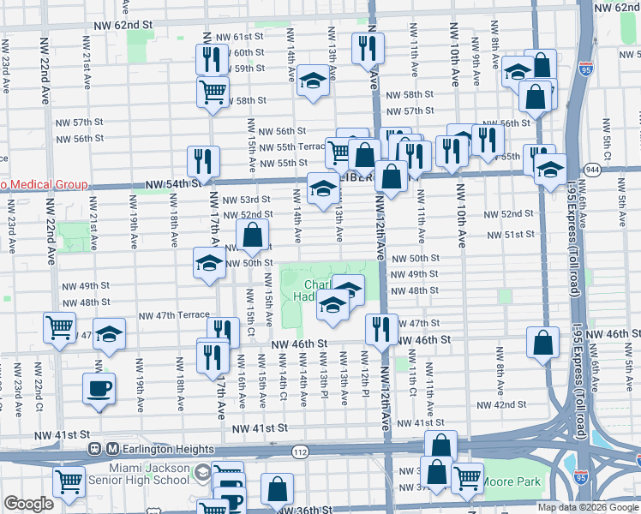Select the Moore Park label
click(x=512, y=482)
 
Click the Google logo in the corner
click(x=28, y=504)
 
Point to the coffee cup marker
click(x=99, y=388)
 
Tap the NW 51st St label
click(x=511, y=235)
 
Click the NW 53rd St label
click(x=246, y=200)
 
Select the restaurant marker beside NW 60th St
click(x=209, y=59)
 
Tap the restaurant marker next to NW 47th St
click(x=379, y=328)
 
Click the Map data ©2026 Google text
click(x=588, y=507)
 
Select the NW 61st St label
click(x=239, y=37)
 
